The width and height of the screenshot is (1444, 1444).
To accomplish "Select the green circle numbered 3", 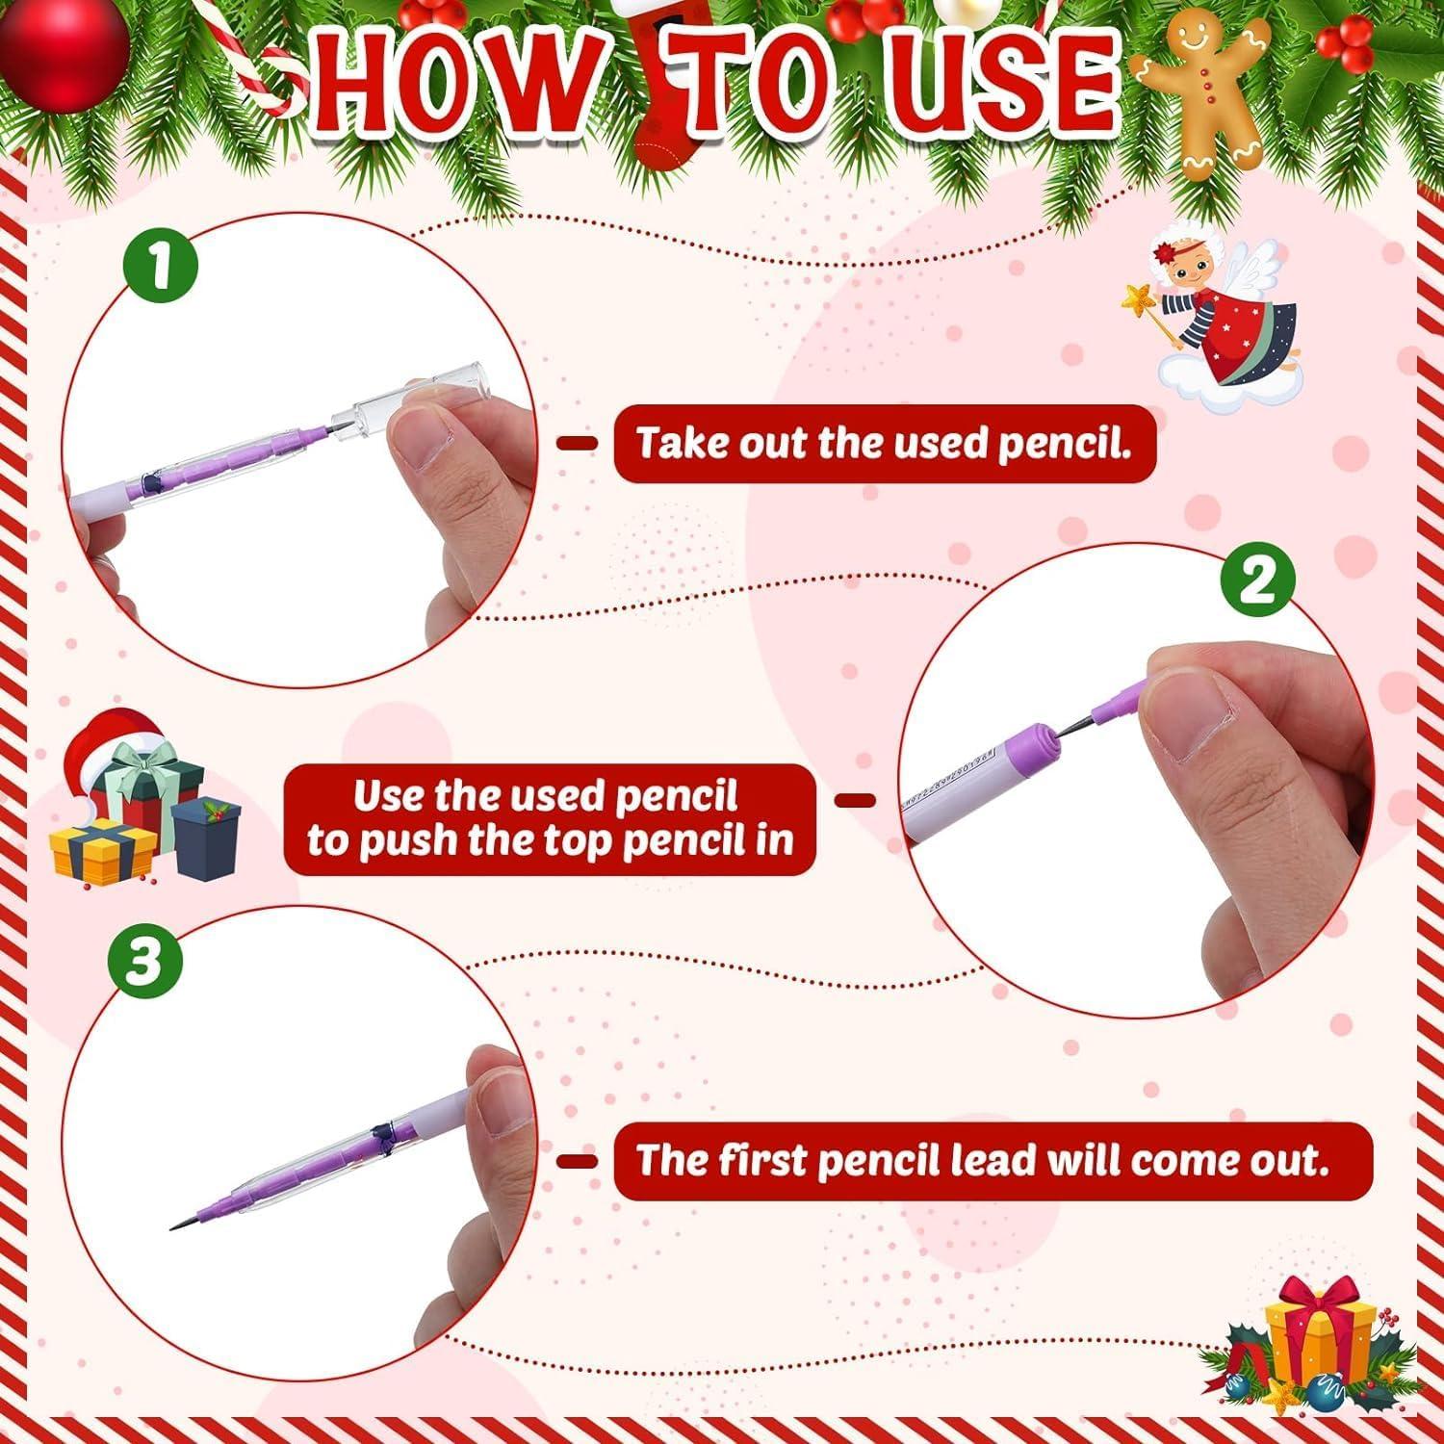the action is pyautogui.click(x=145, y=961).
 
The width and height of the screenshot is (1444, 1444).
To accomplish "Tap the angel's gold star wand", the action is pyautogui.click(x=1151, y=308).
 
